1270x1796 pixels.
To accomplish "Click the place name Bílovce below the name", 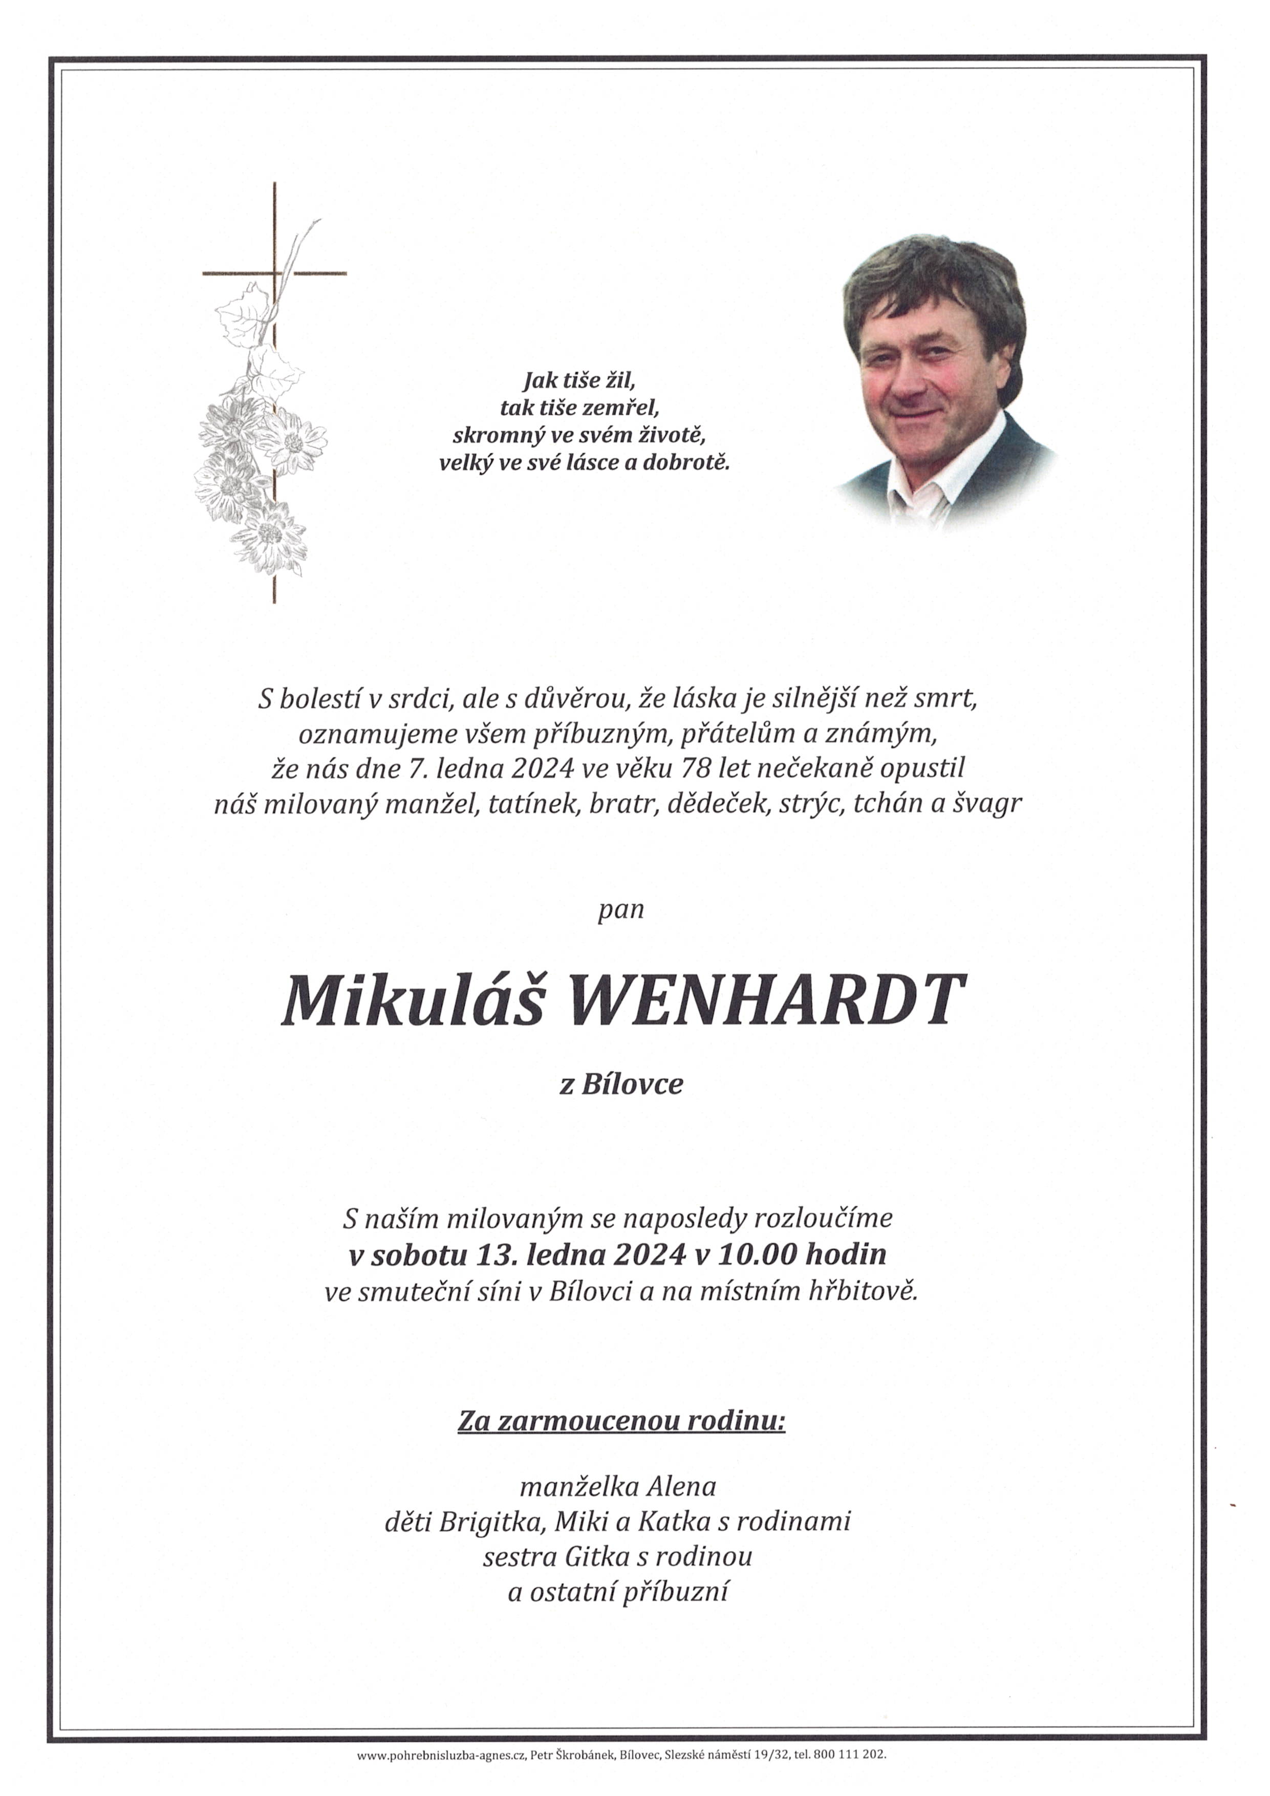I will coord(632,1084).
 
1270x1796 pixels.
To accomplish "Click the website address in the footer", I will coord(440,1777).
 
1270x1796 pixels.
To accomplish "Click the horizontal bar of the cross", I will coord(313,273).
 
